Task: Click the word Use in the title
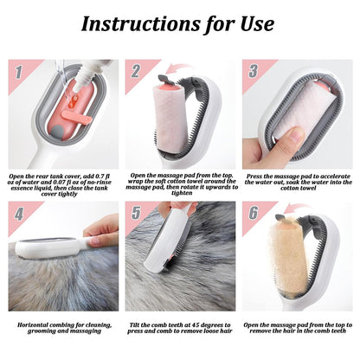click(x=257, y=23)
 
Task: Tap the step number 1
click(x=18, y=72)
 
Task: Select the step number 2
click(x=136, y=71)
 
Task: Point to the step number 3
click(x=253, y=71)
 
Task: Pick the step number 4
click(x=19, y=214)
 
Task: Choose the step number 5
click(x=136, y=213)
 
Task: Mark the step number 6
click(x=253, y=213)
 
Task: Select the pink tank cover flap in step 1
click(x=76, y=116)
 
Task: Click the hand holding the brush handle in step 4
click(x=102, y=232)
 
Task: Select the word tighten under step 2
click(x=182, y=193)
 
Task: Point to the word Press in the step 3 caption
click(x=254, y=177)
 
